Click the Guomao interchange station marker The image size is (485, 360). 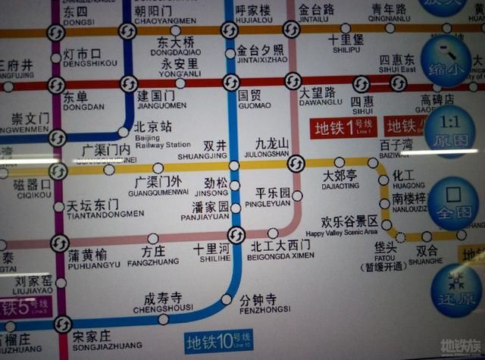coord(231,83)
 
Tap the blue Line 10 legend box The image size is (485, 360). coord(218,340)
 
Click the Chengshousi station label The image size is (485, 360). coord(164,301)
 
